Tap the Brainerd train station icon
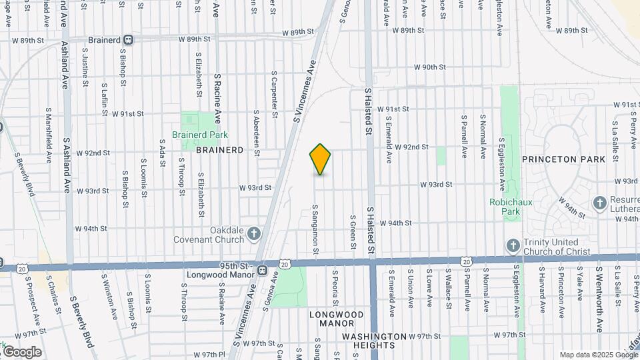point(128,40)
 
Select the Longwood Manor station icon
point(263,271)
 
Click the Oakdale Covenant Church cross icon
point(253,233)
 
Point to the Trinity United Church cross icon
point(513,245)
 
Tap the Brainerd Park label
point(200,135)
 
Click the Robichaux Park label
point(504,206)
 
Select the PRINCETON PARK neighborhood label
point(563,159)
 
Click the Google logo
point(21,351)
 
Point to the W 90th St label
point(429,67)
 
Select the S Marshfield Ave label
point(49,135)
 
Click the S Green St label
point(352,232)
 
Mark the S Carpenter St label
point(274,95)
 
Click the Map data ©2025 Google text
point(598,355)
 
